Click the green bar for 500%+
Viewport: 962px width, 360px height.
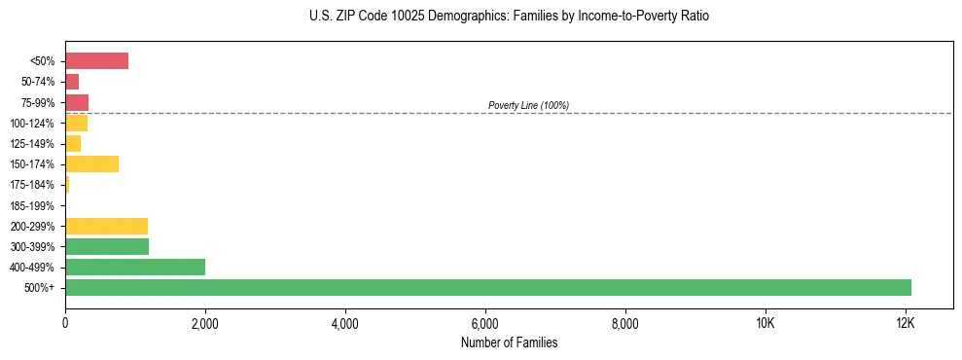487,287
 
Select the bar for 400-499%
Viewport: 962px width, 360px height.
135,267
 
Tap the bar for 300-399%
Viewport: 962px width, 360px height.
107,246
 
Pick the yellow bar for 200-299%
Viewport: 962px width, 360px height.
106,226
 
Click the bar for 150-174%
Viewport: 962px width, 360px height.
91,163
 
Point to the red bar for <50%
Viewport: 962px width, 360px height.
96,61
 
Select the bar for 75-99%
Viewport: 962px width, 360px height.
77,102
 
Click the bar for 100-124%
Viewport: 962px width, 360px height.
76,123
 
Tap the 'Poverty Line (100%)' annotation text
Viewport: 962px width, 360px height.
528,105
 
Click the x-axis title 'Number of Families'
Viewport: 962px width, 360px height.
509,342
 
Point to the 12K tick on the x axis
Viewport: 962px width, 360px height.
906,323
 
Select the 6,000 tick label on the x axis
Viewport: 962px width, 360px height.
485,323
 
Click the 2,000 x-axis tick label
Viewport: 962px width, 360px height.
205,323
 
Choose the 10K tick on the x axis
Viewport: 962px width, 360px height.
766,323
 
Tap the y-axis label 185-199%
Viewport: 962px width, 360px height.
32,205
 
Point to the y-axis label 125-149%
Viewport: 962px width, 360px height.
32,144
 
